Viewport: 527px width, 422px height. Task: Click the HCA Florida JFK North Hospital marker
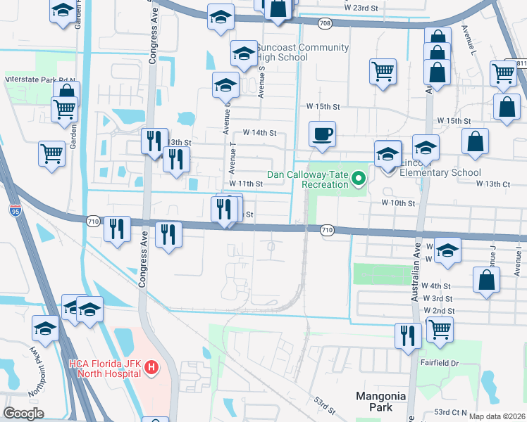[149, 367]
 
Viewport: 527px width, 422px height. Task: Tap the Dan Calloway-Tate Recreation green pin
[358, 177]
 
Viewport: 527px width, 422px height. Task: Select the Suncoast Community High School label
[302, 52]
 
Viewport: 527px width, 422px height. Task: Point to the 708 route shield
[325, 23]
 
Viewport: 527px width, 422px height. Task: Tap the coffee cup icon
[322, 134]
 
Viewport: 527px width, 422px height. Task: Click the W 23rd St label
[361, 7]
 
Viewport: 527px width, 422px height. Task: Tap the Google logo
[23, 413]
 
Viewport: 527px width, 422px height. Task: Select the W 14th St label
[259, 132]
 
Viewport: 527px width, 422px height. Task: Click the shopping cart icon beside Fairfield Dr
[440, 328]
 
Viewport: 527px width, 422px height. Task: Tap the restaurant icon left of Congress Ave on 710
[117, 228]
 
